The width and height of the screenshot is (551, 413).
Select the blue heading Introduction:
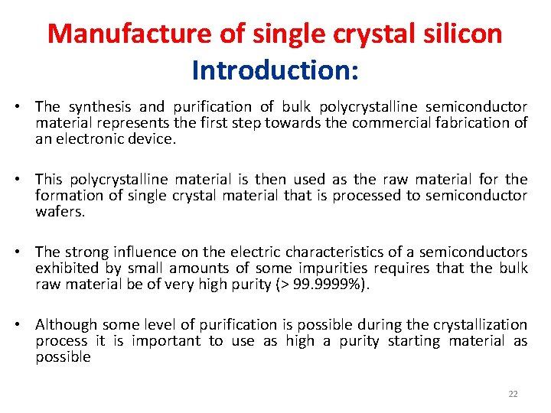[275, 70]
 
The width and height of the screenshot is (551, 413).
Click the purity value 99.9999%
[331, 285]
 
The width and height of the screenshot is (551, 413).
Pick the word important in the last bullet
[165, 341]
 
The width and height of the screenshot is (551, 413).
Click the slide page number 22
[513, 394]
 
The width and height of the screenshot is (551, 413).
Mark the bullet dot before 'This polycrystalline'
[25, 180]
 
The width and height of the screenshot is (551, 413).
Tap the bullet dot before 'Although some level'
[25, 325]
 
